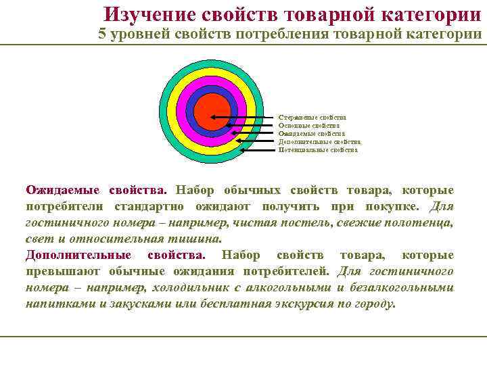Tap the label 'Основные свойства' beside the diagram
tap(309, 126)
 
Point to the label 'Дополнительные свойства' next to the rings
tap(319, 142)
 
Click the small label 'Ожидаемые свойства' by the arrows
tap(311, 134)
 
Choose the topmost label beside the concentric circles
tap(312, 118)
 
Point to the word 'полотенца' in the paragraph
tap(422, 223)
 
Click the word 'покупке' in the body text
tap(393, 207)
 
